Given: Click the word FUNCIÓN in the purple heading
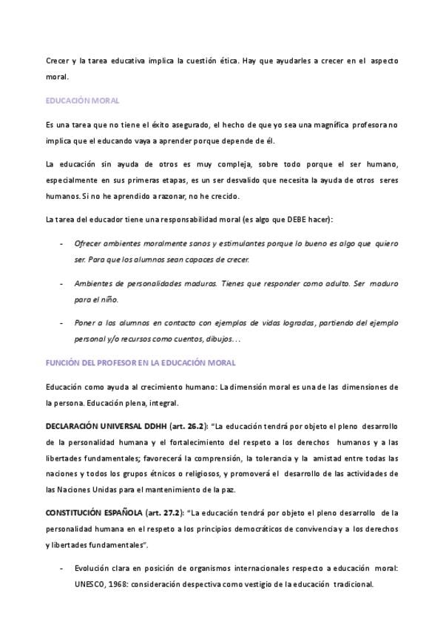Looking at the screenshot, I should (x=62, y=363).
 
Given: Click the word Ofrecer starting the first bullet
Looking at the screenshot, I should (x=89, y=243).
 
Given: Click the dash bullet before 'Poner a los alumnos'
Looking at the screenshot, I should (x=60, y=323).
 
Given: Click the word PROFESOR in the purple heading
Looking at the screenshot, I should (x=126, y=363).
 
